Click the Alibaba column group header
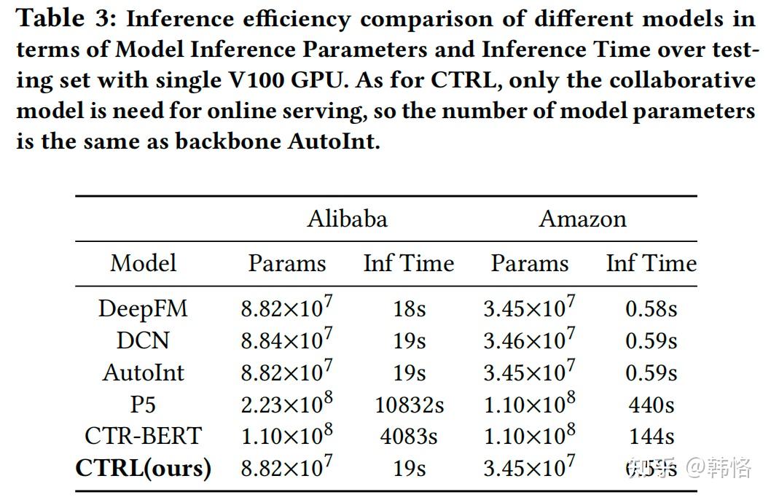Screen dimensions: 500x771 point(347,219)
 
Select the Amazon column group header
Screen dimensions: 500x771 point(582,219)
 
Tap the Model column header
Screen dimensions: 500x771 point(143,263)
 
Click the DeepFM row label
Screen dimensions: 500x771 point(143,308)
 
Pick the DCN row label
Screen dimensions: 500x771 point(143,340)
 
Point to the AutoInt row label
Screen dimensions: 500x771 point(143,372)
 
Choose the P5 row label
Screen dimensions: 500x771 point(143,405)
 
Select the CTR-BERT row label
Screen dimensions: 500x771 point(143,436)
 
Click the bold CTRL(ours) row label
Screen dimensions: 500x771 point(143,468)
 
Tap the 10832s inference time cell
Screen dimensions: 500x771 point(409,405)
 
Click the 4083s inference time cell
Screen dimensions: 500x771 point(409,436)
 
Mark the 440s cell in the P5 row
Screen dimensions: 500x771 point(651,405)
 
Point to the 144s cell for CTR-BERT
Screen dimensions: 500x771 point(651,436)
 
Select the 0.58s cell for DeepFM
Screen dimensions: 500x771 point(651,308)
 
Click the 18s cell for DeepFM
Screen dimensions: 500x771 point(409,308)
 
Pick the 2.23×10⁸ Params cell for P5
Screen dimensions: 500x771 point(286,403)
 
